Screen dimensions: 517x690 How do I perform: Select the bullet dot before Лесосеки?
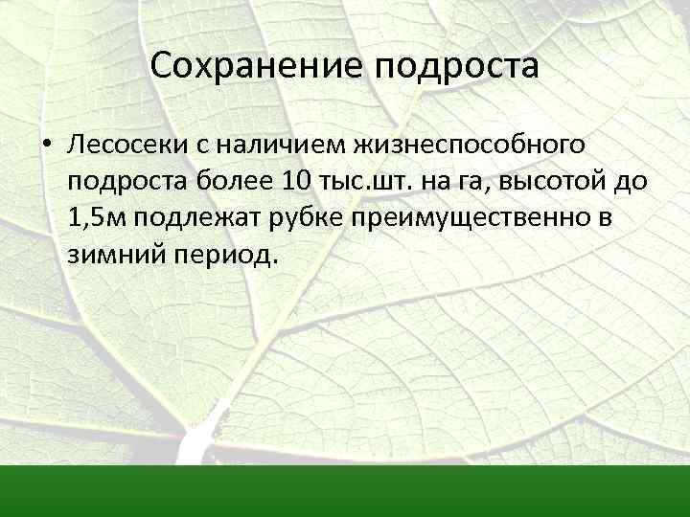45,146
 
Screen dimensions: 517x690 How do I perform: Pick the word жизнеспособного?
471,146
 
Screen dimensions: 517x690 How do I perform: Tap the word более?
234,180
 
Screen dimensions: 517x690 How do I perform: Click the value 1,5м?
97,217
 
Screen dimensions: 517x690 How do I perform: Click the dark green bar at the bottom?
345,490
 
